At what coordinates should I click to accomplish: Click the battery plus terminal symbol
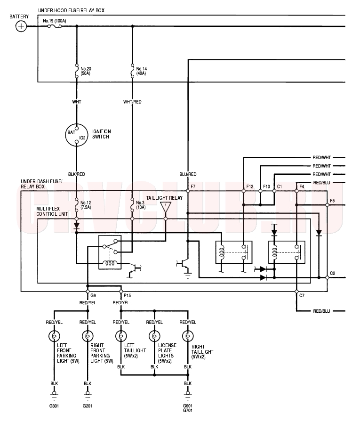point(21,26)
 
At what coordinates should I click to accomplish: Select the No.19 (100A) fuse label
point(55,21)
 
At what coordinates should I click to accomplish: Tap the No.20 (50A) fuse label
point(86,71)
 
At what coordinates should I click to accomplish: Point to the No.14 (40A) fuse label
point(142,71)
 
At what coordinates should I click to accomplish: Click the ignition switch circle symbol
point(77,135)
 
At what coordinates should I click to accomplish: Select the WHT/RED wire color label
point(132,102)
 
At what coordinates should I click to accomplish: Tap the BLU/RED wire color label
point(188,174)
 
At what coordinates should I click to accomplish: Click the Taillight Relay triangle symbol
point(166,207)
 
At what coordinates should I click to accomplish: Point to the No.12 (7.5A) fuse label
point(86,205)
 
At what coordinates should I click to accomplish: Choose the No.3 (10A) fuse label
point(141,205)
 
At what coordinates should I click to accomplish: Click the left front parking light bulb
point(54,336)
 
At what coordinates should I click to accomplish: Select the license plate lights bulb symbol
point(155,336)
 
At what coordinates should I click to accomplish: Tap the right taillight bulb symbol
point(188,336)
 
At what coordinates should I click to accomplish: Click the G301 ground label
point(54,406)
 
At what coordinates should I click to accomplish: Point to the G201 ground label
point(88,406)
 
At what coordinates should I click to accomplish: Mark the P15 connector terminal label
point(127,295)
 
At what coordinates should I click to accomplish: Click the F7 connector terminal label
point(193,186)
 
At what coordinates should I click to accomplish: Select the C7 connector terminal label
point(302,295)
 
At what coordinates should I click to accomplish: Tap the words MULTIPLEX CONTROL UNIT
point(52,211)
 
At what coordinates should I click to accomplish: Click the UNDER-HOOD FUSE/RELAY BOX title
point(71,10)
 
